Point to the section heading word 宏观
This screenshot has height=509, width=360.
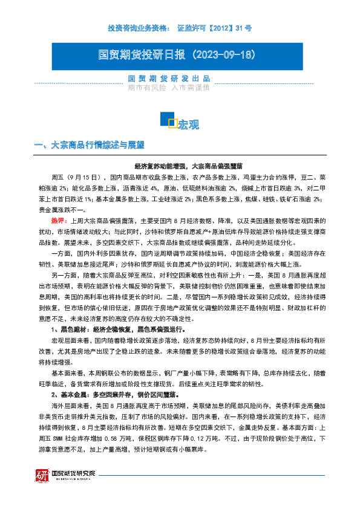click(x=188, y=125)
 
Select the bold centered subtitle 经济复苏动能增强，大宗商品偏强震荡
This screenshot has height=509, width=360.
click(x=180, y=166)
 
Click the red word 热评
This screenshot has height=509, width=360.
click(x=59, y=221)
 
